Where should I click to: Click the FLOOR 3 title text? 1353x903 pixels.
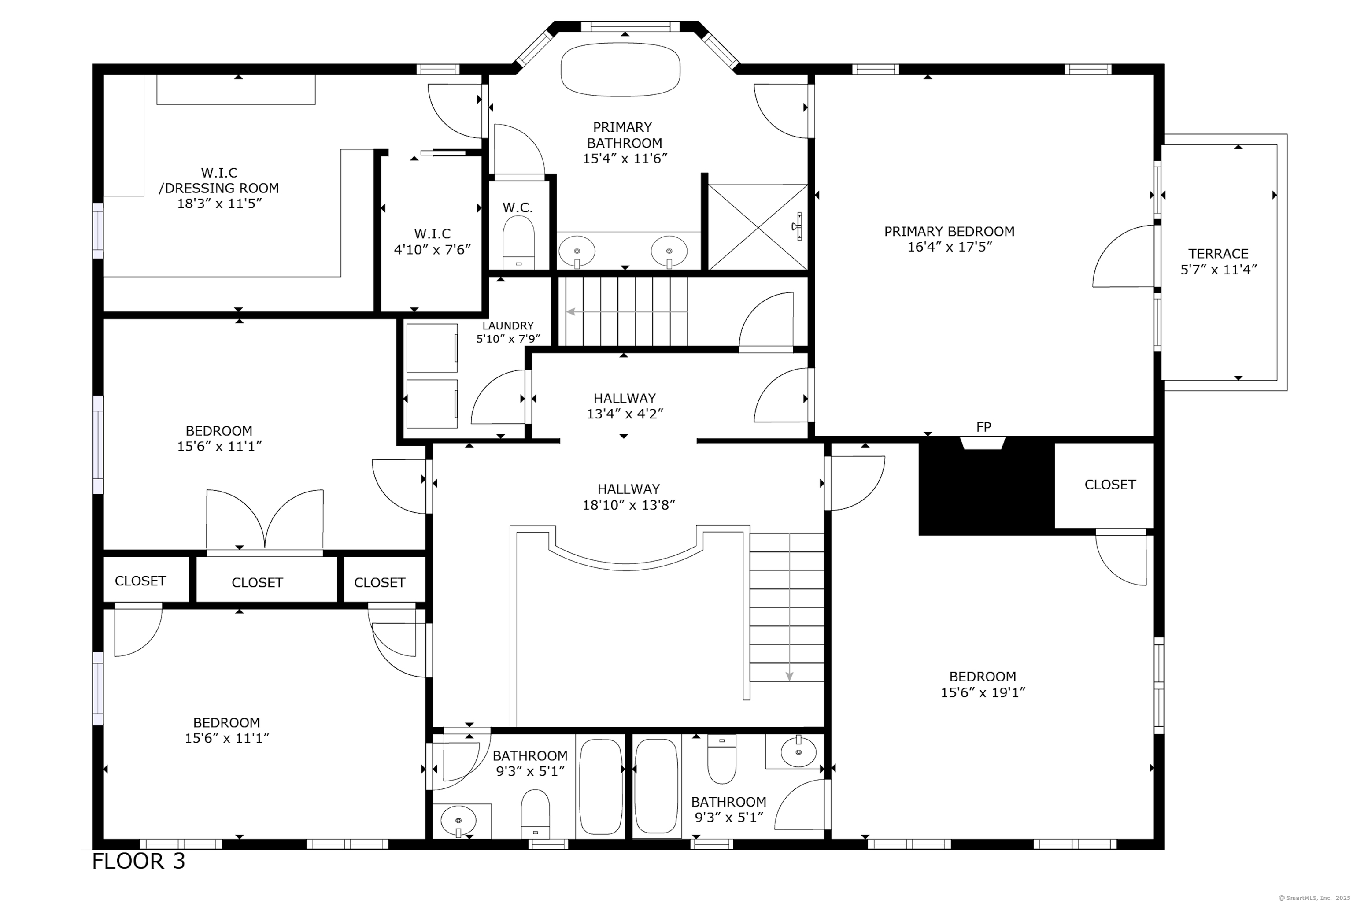[139, 861]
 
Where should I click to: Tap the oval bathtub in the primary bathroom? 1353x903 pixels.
[620, 69]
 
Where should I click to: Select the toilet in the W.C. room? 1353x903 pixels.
[518, 242]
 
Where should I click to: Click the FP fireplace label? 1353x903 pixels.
[983, 427]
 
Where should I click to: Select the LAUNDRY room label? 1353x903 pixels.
[508, 326]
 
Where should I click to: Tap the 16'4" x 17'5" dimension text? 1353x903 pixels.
[950, 247]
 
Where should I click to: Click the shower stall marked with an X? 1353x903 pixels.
[758, 226]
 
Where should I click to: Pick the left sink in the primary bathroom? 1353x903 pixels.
[577, 251]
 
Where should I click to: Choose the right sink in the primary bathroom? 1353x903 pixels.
[669, 251]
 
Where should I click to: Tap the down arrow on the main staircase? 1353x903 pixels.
[789, 607]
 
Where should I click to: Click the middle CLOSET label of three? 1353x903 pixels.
[257, 583]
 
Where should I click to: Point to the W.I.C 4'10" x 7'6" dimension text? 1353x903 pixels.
[433, 250]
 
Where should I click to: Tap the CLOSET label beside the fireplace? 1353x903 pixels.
[1110, 485]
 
